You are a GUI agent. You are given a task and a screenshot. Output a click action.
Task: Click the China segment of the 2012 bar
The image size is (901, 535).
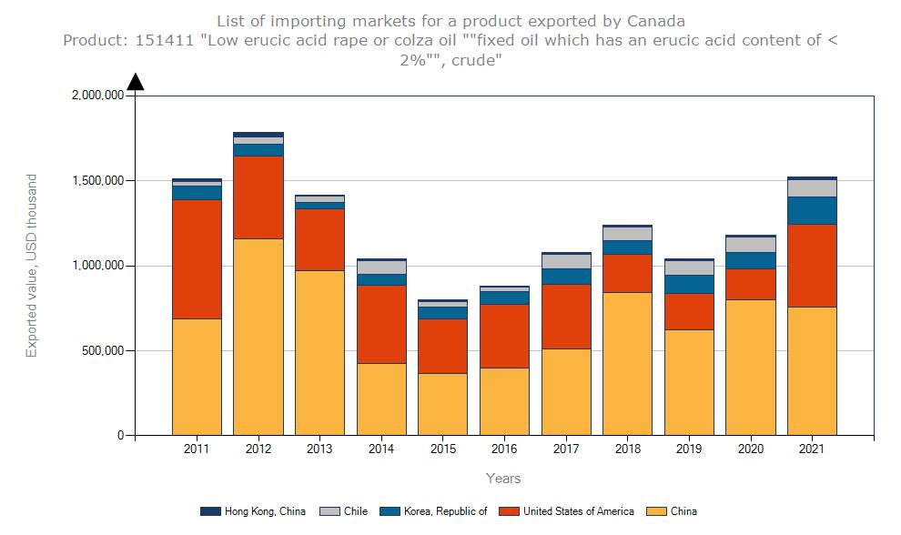pyautogui.click(x=258, y=337)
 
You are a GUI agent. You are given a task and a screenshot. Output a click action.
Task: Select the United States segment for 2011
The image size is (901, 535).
pyautogui.click(x=197, y=259)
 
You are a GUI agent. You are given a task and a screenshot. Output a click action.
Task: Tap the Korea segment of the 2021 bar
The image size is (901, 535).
pyautogui.click(x=812, y=210)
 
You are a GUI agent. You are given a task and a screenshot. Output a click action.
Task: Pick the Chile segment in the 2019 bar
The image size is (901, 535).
pyautogui.click(x=689, y=267)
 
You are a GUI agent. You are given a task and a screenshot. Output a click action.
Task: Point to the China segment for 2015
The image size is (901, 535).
pyautogui.click(x=443, y=404)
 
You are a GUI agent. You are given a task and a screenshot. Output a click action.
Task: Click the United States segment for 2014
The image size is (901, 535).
pyautogui.click(x=381, y=324)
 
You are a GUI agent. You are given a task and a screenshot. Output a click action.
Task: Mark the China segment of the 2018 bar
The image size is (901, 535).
pyautogui.click(x=627, y=363)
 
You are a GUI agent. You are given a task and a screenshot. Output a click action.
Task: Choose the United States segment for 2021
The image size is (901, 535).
pyautogui.click(x=812, y=266)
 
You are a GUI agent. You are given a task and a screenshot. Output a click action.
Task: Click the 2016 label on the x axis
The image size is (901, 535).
pyautogui.click(x=504, y=449)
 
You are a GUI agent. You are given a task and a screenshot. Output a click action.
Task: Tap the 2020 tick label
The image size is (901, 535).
pyautogui.click(x=750, y=449)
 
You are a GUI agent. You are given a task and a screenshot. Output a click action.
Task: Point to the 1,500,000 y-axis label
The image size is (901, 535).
pyautogui.click(x=96, y=181)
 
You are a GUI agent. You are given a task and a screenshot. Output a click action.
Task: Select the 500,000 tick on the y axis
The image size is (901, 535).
pyautogui.click(x=100, y=350)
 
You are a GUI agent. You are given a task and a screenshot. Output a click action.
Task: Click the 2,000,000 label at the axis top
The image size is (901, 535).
pyautogui.click(x=96, y=96)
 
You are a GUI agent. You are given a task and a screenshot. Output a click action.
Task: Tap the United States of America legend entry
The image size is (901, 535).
pyautogui.click(x=578, y=511)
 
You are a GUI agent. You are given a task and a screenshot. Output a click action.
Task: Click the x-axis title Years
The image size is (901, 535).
pyautogui.click(x=503, y=478)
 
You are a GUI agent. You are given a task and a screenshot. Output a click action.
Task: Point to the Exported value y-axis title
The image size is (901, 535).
pyautogui.click(x=32, y=266)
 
